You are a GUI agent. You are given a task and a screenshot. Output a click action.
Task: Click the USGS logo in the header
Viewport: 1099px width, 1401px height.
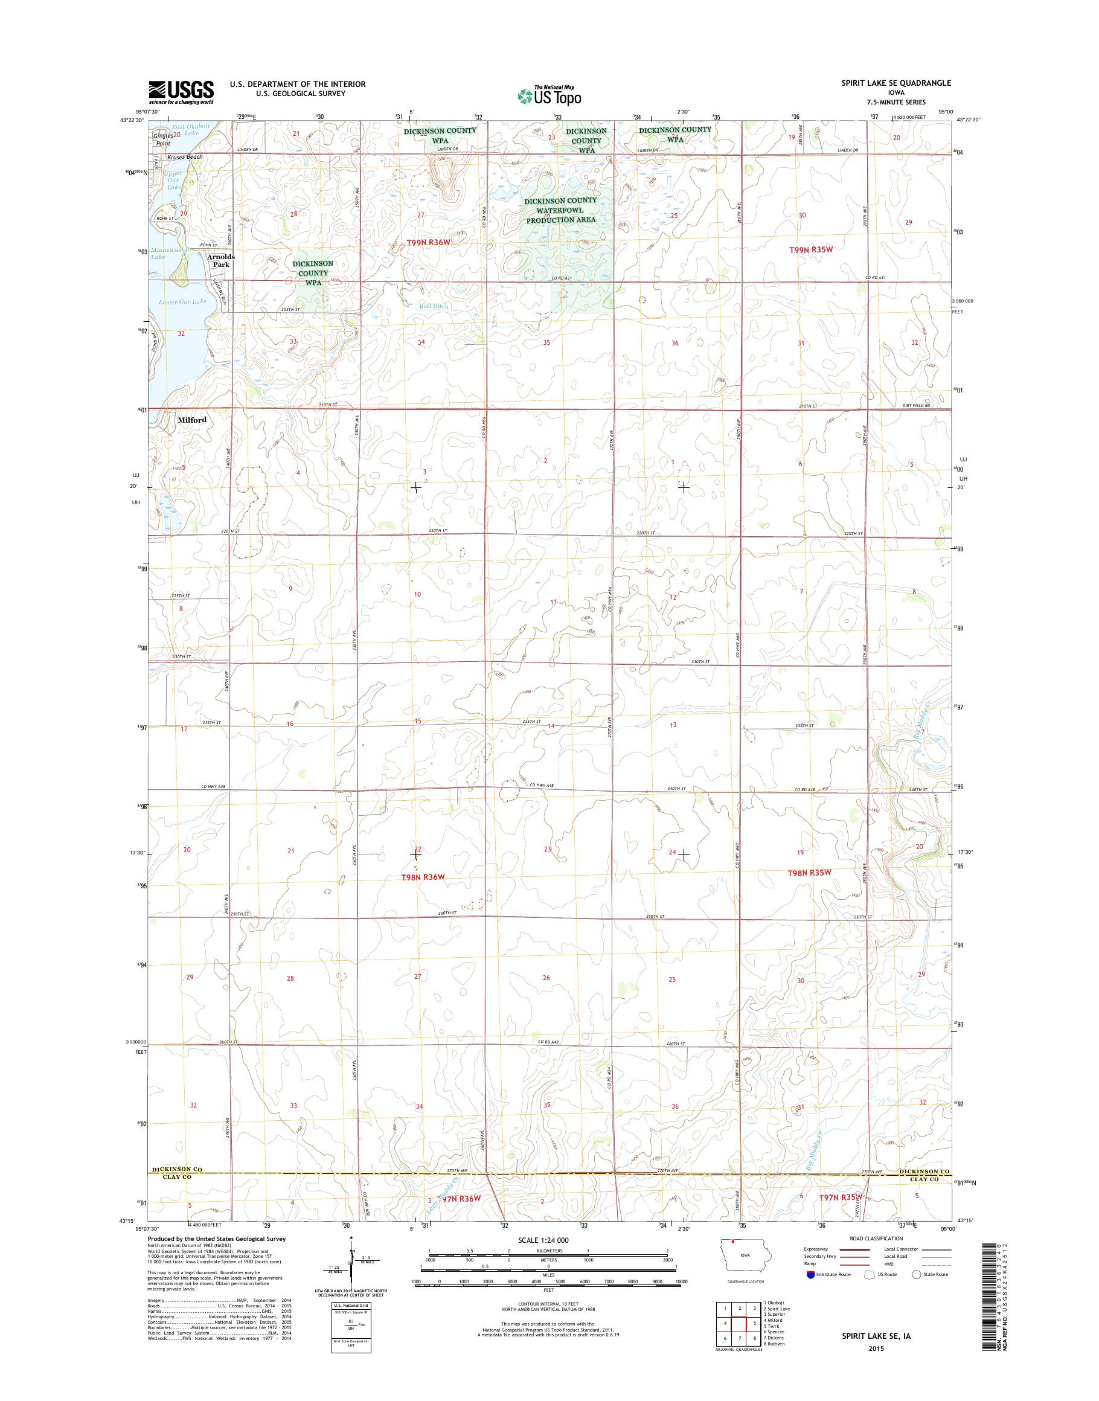tap(181, 92)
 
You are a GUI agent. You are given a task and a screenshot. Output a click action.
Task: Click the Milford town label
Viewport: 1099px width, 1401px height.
tap(193, 420)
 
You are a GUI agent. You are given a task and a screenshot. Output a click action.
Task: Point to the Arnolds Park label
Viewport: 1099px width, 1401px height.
tap(220, 261)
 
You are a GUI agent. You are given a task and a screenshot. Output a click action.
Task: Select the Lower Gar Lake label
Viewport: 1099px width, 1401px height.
tap(183, 301)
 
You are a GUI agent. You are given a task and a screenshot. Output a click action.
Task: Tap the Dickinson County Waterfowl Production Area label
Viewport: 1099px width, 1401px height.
tap(560, 210)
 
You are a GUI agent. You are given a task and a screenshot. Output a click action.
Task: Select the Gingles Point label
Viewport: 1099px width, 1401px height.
tap(164, 139)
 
